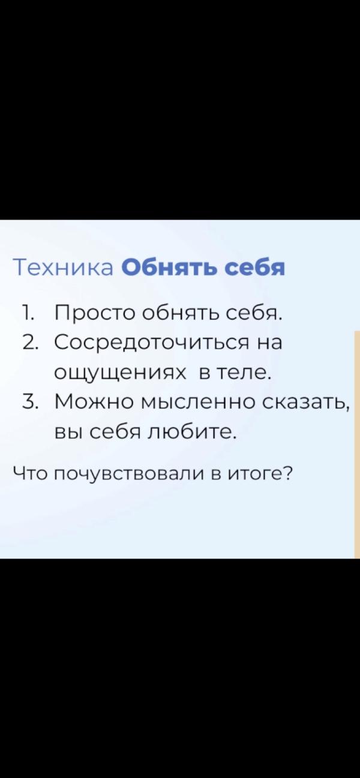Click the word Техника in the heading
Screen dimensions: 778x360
coord(63,268)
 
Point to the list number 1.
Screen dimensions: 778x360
coord(26,313)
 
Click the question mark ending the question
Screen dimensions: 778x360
coord(286,473)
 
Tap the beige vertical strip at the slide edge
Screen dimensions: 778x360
coord(356,444)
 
